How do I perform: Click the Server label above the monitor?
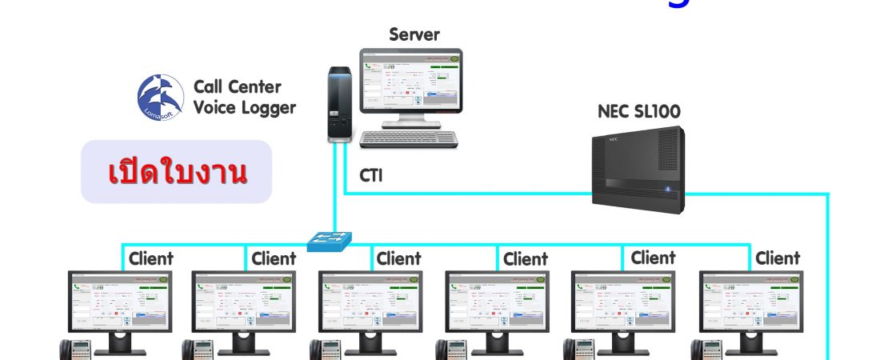[x=414, y=34]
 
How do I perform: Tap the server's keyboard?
[x=408, y=138]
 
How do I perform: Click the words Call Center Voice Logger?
[x=244, y=97]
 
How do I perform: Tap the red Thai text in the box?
[x=178, y=173]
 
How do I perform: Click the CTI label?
[x=370, y=175]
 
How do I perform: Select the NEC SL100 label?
[x=638, y=111]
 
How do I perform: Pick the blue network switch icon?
[x=330, y=239]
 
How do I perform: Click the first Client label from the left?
[x=150, y=258]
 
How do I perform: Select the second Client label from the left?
[x=274, y=258]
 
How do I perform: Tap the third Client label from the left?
[x=398, y=258]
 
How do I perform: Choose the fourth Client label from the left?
[x=526, y=259]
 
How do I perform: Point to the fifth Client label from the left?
[x=653, y=258]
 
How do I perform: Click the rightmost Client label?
[x=778, y=258]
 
